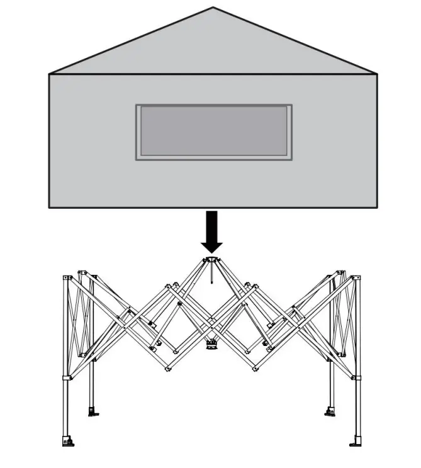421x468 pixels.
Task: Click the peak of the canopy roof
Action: (x=213, y=8)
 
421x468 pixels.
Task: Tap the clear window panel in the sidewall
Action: (x=214, y=131)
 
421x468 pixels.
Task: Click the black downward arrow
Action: (x=212, y=230)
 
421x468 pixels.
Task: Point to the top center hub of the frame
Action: (x=211, y=260)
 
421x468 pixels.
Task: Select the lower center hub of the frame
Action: (x=212, y=344)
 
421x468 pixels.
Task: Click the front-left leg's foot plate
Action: (x=68, y=440)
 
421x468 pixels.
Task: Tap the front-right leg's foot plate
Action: (x=357, y=440)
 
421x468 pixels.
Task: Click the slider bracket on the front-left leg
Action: (x=66, y=378)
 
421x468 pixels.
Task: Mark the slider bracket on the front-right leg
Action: (x=357, y=378)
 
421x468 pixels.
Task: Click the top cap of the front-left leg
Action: (x=65, y=277)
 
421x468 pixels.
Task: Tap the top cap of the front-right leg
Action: (x=356, y=277)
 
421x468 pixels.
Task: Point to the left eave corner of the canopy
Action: (x=50, y=74)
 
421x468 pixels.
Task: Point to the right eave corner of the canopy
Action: (x=376, y=74)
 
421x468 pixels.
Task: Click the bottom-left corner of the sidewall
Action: (x=50, y=207)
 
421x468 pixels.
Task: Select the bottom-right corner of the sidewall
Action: (x=376, y=207)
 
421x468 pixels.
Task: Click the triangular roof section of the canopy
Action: (x=213, y=47)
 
